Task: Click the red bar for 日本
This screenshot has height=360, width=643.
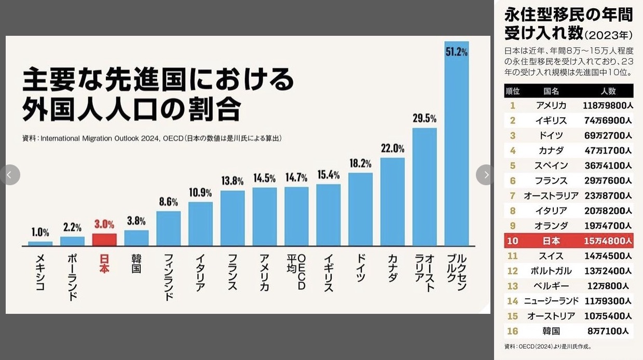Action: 104,240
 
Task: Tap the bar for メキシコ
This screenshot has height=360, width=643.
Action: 40,243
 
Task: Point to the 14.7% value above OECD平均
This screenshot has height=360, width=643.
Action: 296,177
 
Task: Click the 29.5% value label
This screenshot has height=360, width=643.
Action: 425,118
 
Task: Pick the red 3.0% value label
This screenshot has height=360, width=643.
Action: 104,224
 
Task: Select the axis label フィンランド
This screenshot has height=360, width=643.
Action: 168,277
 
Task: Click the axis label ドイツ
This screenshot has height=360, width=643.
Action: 361,267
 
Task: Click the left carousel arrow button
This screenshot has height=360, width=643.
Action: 10,175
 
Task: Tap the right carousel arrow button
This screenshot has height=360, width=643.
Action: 485,175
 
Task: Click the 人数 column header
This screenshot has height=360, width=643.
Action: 608,91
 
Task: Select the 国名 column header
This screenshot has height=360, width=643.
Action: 551,91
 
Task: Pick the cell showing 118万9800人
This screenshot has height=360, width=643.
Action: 607,106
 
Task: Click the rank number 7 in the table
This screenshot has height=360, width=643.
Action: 512,196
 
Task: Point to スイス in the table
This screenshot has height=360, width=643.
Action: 551,256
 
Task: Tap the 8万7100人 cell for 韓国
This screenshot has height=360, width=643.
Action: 608,331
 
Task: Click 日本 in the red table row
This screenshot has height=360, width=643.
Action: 551,241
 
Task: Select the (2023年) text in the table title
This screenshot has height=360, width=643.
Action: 609,35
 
